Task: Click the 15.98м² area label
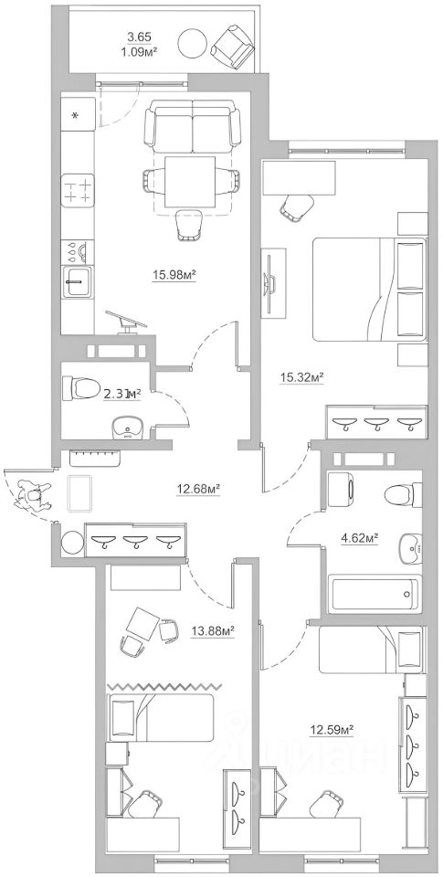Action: [x=174, y=274]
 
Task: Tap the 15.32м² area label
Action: [x=302, y=376]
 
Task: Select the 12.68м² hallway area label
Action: [x=197, y=488]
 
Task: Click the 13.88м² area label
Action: [x=212, y=631]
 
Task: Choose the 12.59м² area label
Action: [x=332, y=729]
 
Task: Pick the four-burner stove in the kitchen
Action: [x=78, y=190]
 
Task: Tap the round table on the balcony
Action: [x=193, y=41]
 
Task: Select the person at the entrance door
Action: [x=34, y=496]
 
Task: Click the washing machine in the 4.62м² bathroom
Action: [x=340, y=484]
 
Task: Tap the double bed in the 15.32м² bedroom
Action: [x=369, y=290]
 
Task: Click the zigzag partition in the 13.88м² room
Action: [x=163, y=686]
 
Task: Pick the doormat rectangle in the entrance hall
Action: [x=79, y=492]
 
